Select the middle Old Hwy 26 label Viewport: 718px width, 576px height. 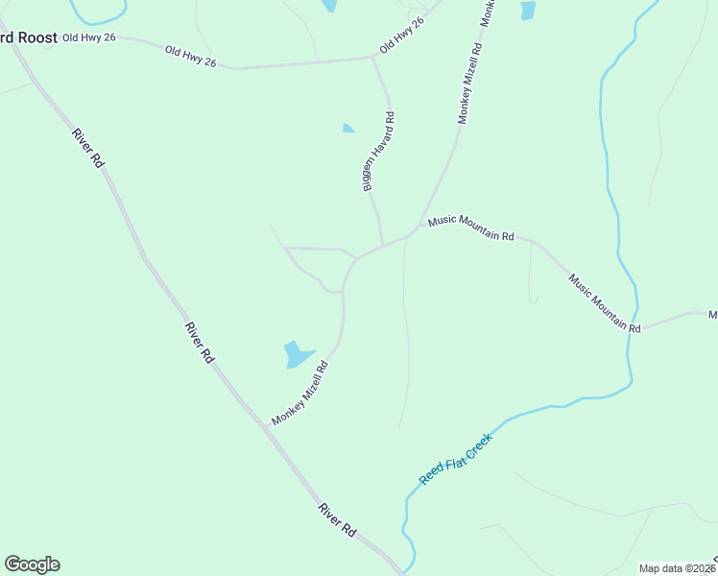[x=190, y=57]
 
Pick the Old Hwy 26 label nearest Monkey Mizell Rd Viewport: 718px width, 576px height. [x=401, y=35]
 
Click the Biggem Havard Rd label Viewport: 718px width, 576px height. [x=379, y=151]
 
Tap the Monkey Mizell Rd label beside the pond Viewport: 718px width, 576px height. [x=300, y=393]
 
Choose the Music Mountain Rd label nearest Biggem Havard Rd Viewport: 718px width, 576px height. [x=471, y=228]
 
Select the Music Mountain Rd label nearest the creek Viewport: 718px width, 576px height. [x=604, y=303]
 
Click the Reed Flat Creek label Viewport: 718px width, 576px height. [x=456, y=459]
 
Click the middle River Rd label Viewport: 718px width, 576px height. [x=200, y=342]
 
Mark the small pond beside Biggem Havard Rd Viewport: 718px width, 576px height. [x=347, y=128]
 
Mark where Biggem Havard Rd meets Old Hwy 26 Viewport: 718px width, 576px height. [x=372, y=58]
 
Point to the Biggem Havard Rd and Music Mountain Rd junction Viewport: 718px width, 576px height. [x=383, y=244]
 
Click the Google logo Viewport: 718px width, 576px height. [x=32, y=564]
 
